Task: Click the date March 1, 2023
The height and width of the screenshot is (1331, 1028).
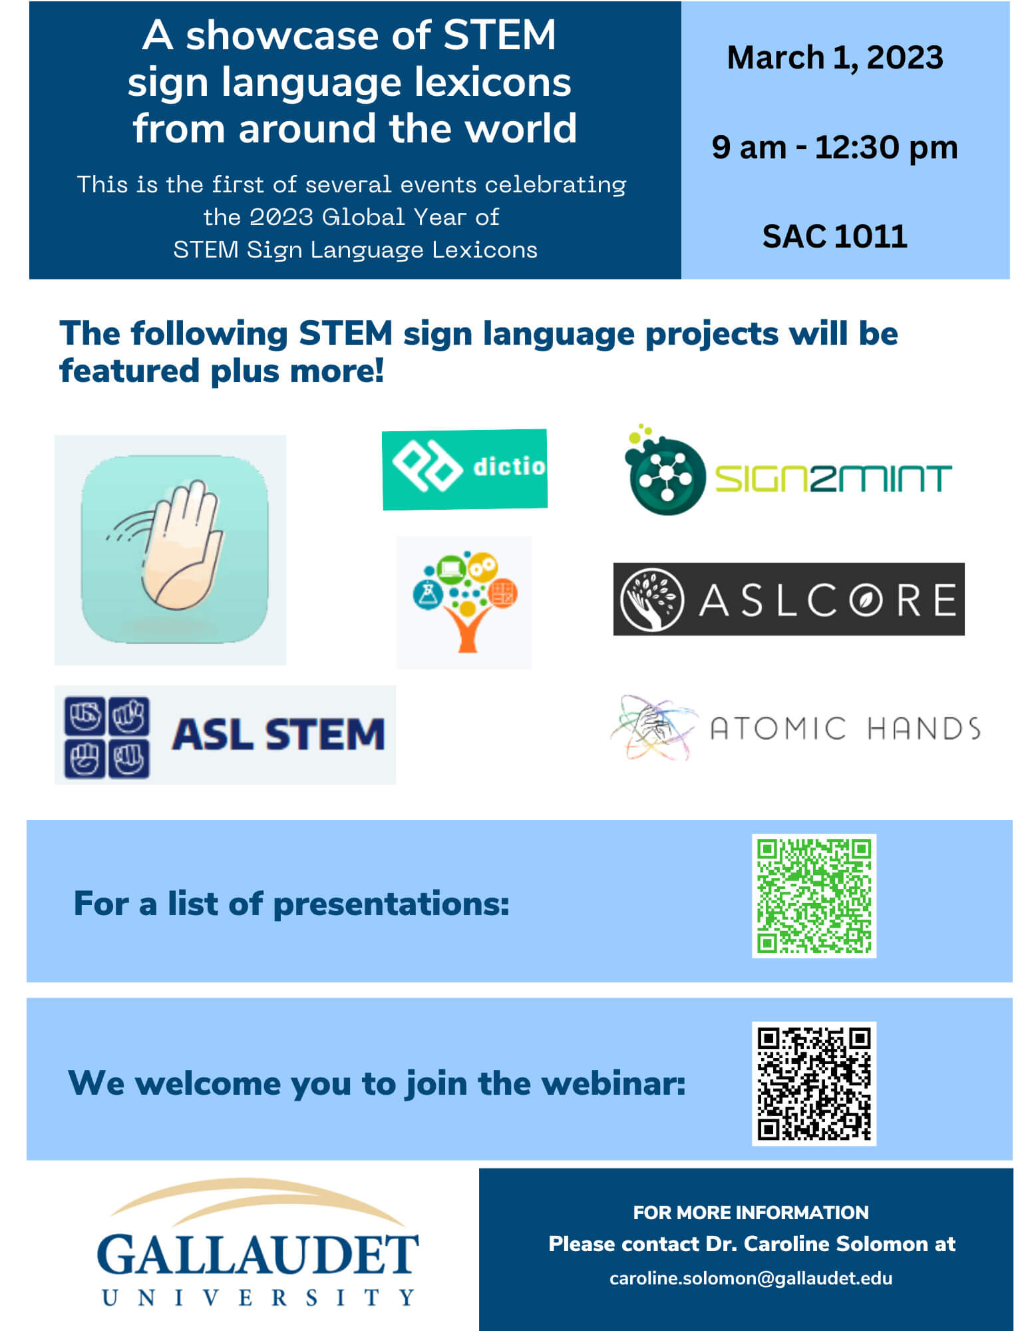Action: [834, 58]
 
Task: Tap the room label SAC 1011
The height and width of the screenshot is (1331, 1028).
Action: [834, 236]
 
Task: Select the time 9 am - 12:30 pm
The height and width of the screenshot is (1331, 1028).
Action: [834, 147]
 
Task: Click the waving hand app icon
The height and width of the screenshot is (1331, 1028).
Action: [174, 549]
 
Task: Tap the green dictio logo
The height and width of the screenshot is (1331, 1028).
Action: [464, 469]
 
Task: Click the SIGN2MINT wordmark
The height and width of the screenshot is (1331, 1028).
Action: [832, 478]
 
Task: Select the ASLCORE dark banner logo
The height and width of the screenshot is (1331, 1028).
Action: [788, 599]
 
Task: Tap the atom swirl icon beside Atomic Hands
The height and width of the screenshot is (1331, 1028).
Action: [652, 727]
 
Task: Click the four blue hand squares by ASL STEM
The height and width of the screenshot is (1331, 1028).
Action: [106, 737]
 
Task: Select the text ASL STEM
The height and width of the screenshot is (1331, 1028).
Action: [278, 735]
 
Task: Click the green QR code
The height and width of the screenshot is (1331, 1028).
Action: [813, 896]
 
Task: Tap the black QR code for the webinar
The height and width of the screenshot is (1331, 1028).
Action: [813, 1083]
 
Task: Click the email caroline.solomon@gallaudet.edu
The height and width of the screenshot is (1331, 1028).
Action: [751, 1278]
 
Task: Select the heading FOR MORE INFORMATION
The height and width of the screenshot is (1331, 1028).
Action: [751, 1213]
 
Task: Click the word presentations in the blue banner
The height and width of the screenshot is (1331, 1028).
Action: [391, 904]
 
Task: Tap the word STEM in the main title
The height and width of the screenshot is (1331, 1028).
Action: [499, 35]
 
